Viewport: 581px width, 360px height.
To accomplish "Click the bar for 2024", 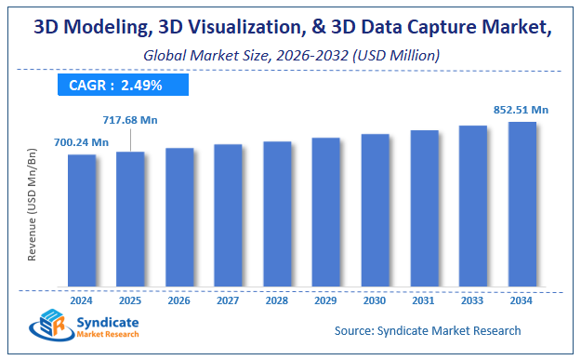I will click(82, 220).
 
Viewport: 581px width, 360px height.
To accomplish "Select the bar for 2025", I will click(130, 218).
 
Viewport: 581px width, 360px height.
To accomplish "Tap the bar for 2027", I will click(228, 215).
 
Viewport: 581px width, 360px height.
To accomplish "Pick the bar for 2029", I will click(325, 211).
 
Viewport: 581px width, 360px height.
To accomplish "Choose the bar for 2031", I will click(424, 207).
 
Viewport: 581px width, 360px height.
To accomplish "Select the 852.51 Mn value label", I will click(521, 110).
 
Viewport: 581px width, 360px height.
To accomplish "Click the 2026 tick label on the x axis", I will click(179, 300).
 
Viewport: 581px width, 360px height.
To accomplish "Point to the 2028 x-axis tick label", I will click(277, 300).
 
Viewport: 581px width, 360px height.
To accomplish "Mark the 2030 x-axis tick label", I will click(375, 300).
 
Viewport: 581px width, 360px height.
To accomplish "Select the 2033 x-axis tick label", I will click(472, 300).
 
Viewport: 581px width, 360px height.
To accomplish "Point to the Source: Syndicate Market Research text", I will click(428, 330).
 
